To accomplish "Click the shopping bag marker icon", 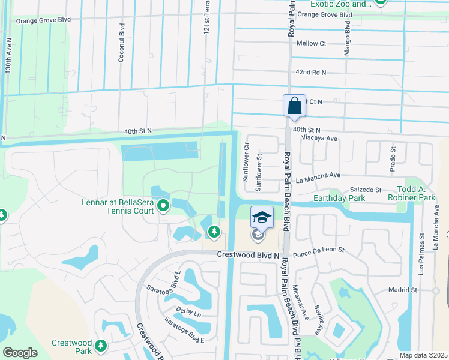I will (x=294, y=106).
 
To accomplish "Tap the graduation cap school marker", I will (x=261, y=217).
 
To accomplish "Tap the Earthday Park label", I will (x=339, y=197).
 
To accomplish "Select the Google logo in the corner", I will (x=20, y=353).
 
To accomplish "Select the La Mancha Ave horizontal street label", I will (x=318, y=176).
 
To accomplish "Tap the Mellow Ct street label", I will (x=311, y=43).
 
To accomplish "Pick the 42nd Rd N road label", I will (x=310, y=72).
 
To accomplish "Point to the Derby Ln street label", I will (x=188, y=313).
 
